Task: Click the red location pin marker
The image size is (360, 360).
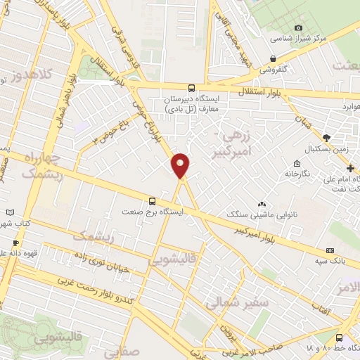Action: click(181, 165)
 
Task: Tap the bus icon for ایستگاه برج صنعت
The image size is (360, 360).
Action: click(152, 200)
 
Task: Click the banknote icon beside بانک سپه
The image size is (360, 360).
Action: click(329, 250)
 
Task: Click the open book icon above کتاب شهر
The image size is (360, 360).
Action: click(9, 212)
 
